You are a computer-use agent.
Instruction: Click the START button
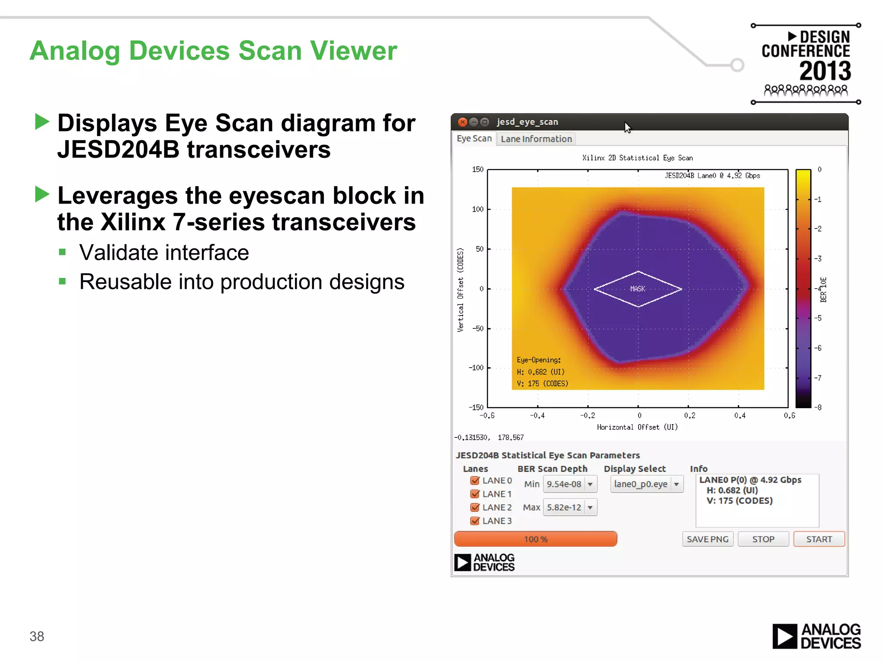point(819,539)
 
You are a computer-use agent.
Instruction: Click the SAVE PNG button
point(708,539)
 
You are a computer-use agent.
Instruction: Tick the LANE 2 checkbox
point(475,507)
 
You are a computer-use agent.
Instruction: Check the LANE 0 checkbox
point(475,481)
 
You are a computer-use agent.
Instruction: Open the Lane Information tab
point(536,139)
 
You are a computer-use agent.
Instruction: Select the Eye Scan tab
point(474,138)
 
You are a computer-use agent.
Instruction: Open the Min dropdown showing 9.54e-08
point(570,484)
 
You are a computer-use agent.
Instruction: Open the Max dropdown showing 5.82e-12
point(570,507)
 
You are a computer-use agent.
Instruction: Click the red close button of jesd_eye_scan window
point(463,122)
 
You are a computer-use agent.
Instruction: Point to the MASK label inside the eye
point(638,289)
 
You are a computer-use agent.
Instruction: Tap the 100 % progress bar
point(535,539)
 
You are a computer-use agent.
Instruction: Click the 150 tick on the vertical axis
point(478,169)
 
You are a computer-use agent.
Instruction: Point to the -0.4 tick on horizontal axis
point(537,415)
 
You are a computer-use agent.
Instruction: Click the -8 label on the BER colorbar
point(818,407)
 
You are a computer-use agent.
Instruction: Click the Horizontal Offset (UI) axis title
point(637,427)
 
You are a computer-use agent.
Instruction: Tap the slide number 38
point(37,636)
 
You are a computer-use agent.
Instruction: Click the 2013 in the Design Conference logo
point(825,71)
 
